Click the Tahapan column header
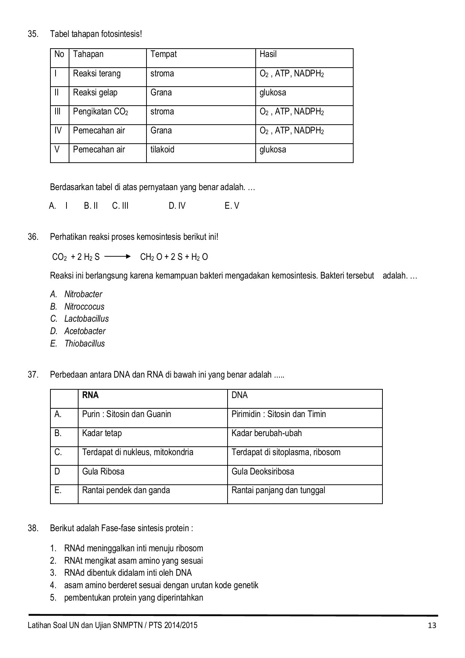coord(88,54)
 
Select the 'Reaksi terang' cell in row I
coord(96,73)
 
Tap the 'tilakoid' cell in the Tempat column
coord(162,150)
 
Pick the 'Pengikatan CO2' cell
coord(100,111)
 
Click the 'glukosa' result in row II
coord(272,92)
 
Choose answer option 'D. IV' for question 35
coord(177,206)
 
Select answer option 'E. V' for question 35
coord(232,206)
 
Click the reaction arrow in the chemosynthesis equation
coord(117,257)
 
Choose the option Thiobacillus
coord(84,344)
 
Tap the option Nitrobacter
coord(83,294)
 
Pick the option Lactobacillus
coord(86,319)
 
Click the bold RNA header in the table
coord(90,395)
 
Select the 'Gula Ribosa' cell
coord(103,471)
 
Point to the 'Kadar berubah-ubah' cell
coord(267,433)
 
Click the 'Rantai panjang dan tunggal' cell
coord(278,490)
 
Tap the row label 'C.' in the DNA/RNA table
coord(58,452)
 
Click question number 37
coord(33,375)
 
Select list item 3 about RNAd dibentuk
coord(127,573)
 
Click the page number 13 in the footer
coord(432,625)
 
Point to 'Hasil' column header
coord(268,54)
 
